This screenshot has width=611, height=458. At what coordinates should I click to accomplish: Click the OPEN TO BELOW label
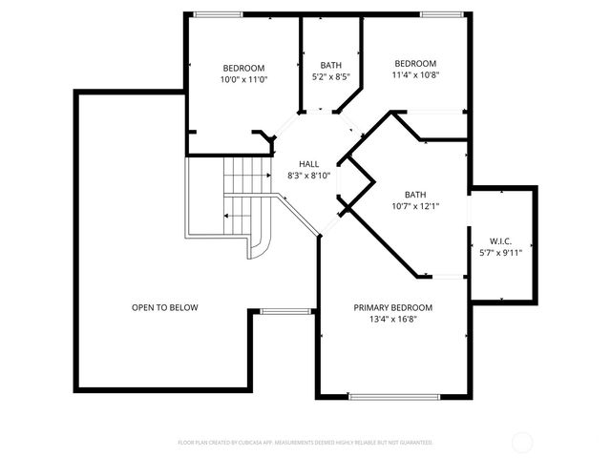coord(164,307)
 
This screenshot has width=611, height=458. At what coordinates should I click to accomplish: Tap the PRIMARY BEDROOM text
coord(392,307)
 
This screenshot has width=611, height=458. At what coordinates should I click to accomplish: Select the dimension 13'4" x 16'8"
coord(392,319)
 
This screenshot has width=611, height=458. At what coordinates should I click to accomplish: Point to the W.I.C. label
coord(501,241)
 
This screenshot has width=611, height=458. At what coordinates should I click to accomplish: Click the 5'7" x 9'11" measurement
coord(501,253)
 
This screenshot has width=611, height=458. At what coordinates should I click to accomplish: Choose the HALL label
coord(308,164)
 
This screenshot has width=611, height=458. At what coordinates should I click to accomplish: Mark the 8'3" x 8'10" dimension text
coord(308,176)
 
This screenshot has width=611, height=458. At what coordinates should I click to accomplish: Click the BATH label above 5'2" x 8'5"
coord(330,65)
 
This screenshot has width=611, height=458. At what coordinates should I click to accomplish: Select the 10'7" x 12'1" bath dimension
coord(414,205)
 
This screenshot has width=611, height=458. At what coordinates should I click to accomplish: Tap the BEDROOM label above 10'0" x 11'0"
coord(244,68)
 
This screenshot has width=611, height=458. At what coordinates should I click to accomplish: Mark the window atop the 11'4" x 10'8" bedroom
coord(436,14)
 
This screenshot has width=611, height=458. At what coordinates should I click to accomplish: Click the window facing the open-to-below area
coord(285,311)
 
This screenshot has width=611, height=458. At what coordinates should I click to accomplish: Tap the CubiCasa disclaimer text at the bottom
coord(305,443)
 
